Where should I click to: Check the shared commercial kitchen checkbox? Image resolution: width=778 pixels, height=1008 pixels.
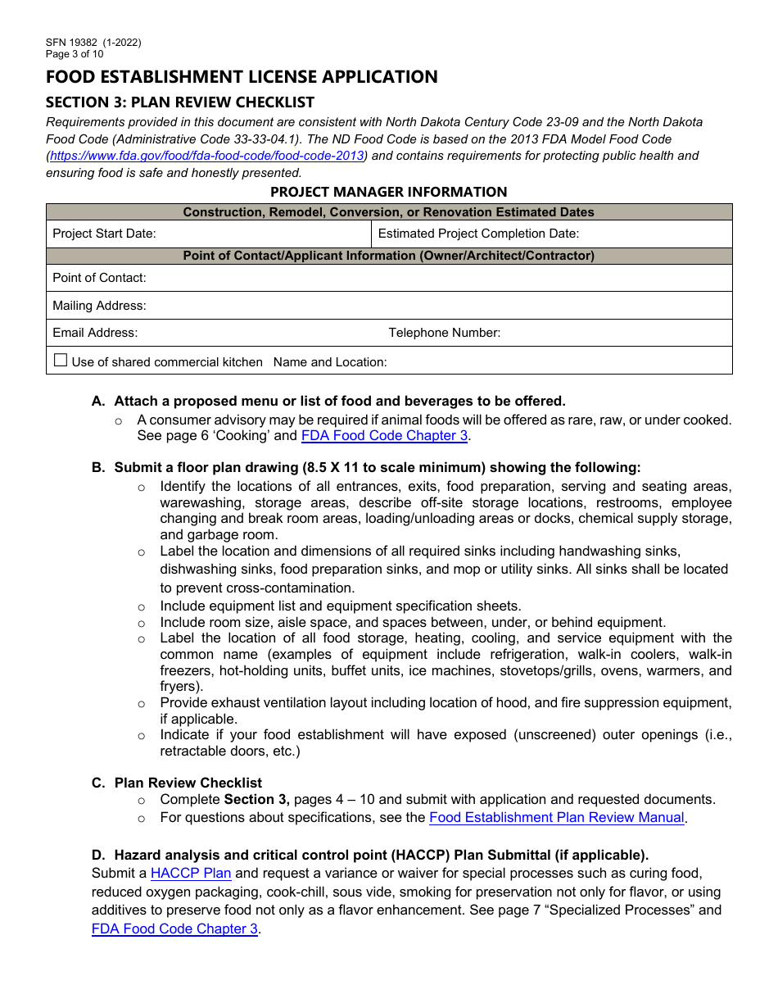click(61, 361)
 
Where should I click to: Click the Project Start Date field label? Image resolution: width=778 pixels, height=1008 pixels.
click(104, 234)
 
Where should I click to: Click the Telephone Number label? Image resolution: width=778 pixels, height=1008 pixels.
click(444, 333)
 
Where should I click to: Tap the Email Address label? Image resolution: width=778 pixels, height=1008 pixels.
click(95, 333)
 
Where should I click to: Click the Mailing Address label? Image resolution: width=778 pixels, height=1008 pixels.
click(99, 306)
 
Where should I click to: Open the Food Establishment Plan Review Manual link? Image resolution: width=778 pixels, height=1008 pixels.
click(556, 817)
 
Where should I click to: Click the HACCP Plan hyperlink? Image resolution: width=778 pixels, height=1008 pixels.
click(191, 874)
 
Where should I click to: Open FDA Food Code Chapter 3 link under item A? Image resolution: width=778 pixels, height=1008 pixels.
click(384, 436)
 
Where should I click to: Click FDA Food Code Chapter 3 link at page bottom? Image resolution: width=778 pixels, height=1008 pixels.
click(174, 929)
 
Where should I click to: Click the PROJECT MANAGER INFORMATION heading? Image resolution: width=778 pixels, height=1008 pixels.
click(388, 192)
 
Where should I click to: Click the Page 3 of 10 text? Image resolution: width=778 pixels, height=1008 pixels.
click(75, 54)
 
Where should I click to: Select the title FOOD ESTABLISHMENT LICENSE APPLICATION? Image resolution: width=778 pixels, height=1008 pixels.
click(242, 77)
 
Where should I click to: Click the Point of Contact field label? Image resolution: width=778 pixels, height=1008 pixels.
click(99, 278)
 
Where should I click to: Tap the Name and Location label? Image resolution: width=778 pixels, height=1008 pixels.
click(330, 362)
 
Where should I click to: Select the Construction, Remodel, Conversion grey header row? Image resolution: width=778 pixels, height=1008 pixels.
click(388, 212)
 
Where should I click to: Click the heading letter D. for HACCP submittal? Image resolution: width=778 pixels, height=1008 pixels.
click(98, 855)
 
